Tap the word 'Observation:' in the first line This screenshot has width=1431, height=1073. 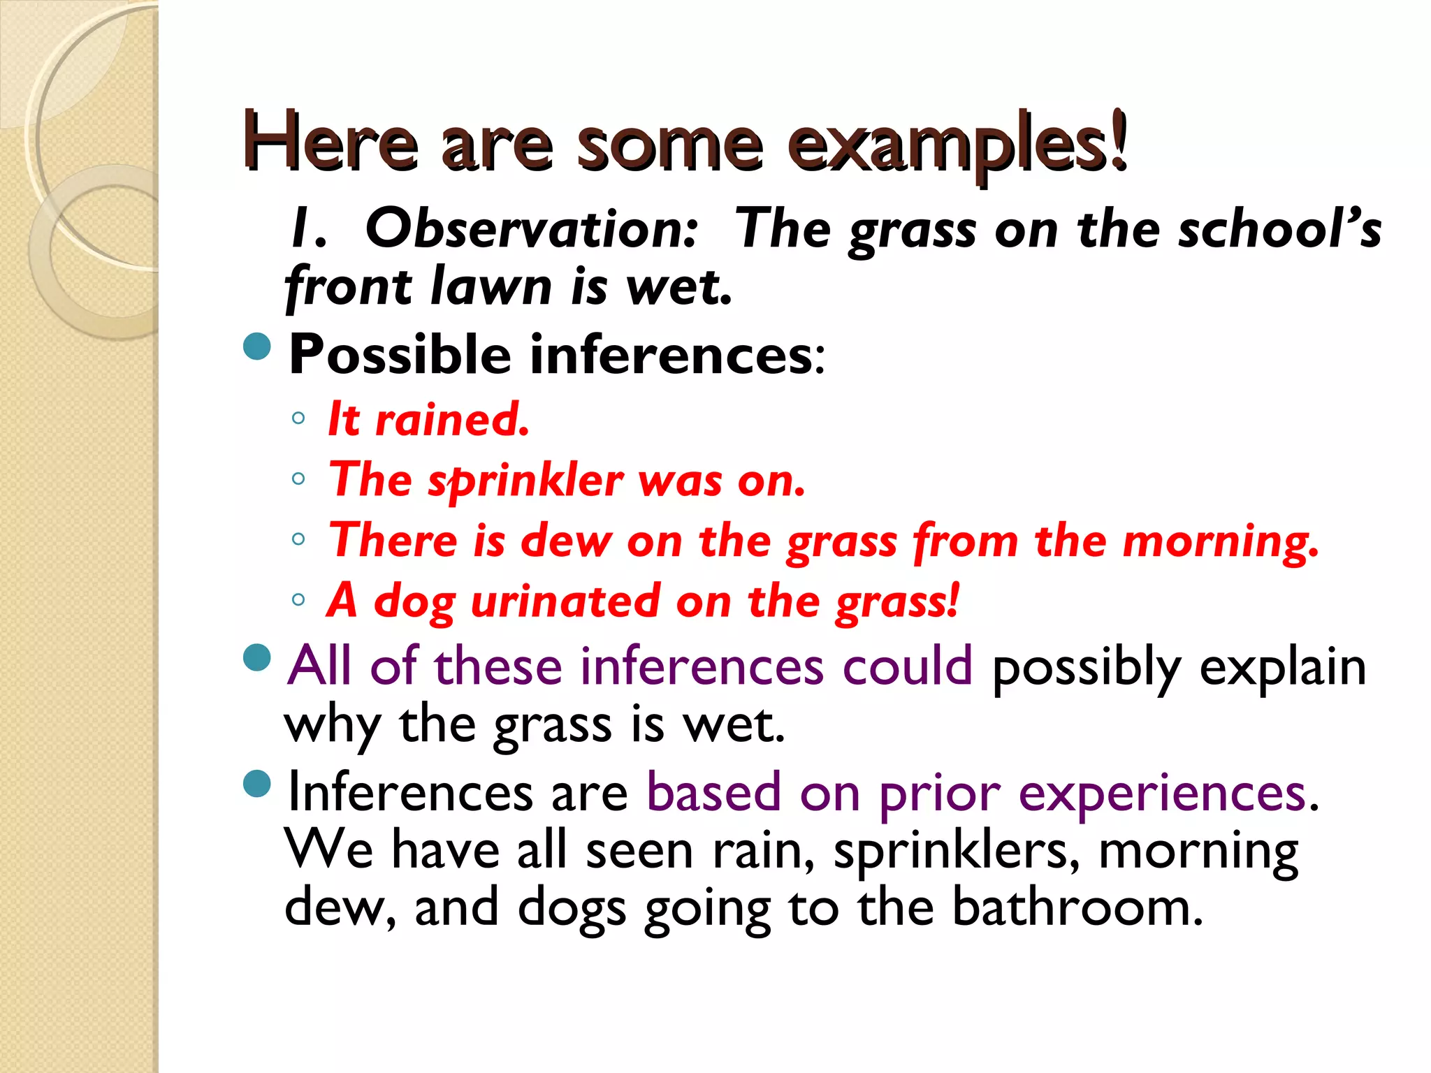pyautogui.click(x=531, y=229)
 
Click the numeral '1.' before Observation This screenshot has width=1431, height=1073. pyautogui.click(x=308, y=229)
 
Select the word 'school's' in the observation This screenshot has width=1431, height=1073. pyautogui.click(x=1279, y=229)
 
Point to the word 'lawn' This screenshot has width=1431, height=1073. pyautogui.click(x=491, y=286)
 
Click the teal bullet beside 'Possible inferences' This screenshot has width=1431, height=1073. pyautogui.click(x=257, y=346)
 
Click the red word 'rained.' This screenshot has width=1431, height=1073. pyautogui.click(x=452, y=420)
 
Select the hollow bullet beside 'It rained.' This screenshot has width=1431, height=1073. pyautogui.click(x=298, y=418)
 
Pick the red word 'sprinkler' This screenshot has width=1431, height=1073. pyautogui.click(x=525, y=482)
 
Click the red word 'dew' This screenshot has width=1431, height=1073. pyautogui.click(x=565, y=541)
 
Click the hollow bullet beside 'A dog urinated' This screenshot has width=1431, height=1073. pyautogui.click(x=298, y=599)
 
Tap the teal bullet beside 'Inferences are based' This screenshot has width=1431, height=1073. pyautogui.click(x=257, y=784)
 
